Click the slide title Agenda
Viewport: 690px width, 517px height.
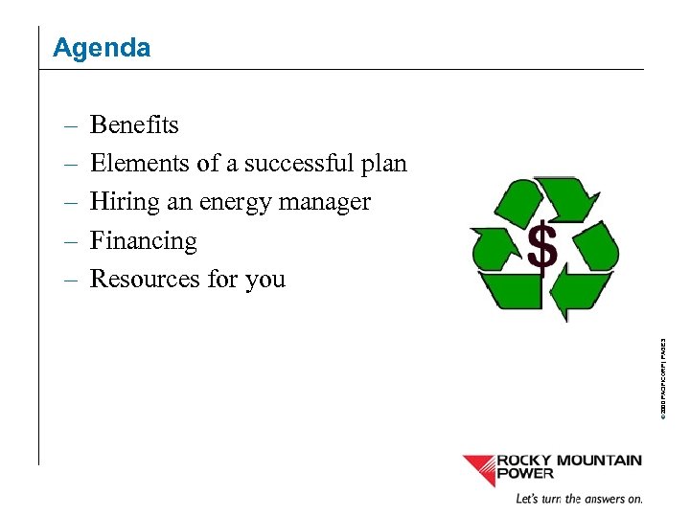[x=102, y=48]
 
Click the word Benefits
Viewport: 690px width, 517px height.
[x=134, y=125]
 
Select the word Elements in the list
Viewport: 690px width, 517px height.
[x=140, y=164]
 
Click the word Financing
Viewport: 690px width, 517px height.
[x=143, y=241]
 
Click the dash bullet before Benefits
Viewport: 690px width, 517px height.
[x=72, y=126]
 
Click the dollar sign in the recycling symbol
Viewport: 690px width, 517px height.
[x=542, y=249]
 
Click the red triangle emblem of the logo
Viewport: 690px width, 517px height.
[x=478, y=468]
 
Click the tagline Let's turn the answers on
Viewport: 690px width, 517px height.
[x=579, y=499]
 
